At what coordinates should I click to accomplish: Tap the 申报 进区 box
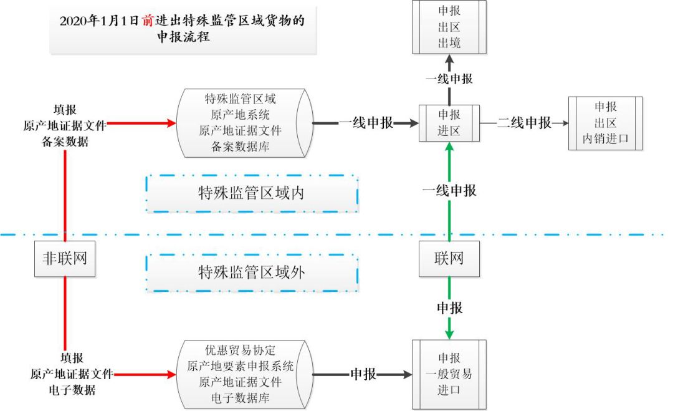pyautogui.click(x=449, y=123)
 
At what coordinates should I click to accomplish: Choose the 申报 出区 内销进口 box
pyautogui.click(x=604, y=123)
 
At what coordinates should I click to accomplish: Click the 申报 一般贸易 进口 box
pyautogui.click(x=449, y=374)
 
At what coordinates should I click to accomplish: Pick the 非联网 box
pyautogui.click(x=65, y=258)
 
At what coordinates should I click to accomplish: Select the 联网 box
pyautogui.click(x=449, y=258)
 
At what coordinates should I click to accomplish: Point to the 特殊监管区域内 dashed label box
pyautogui.click(x=252, y=193)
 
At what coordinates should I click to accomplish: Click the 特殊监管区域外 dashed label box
pyautogui.click(x=252, y=272)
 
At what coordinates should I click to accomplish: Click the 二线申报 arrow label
pyautogui.click(x=525, y=123)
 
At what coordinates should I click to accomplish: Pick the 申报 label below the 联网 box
pyautogui.click(x=449, y=308)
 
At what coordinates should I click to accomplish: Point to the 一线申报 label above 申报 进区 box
pyautogui.click(x=449, y=79)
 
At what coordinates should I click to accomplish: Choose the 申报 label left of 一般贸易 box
pyautogui.click(x=363, y=374)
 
